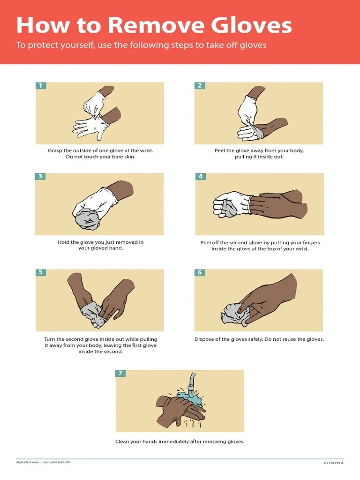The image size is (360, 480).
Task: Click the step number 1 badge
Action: click(x=41, y=85)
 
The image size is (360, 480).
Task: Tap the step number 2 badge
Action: click(x=200, y=85)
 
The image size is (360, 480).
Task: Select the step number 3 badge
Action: click(x=41, y=176)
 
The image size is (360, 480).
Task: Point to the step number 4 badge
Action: click(x=201, y=176)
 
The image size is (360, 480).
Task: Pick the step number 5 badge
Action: click(x=41, y=272)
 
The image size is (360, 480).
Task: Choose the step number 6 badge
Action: click(x=200, y=272)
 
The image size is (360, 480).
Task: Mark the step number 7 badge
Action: click(x=120, y=373)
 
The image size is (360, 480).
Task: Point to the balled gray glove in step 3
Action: click(x=87, y=218)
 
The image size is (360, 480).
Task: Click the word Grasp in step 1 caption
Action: click(x=55, y=150)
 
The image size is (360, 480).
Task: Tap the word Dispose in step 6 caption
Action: click(x=205, y=339)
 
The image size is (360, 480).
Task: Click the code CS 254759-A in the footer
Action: click(x=333, y=463)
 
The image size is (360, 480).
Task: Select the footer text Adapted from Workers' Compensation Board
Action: click(x=44, y=462)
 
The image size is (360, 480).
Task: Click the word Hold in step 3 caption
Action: click(x=64, y=242)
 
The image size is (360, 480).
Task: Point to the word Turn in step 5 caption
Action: click(x=50, y=339)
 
